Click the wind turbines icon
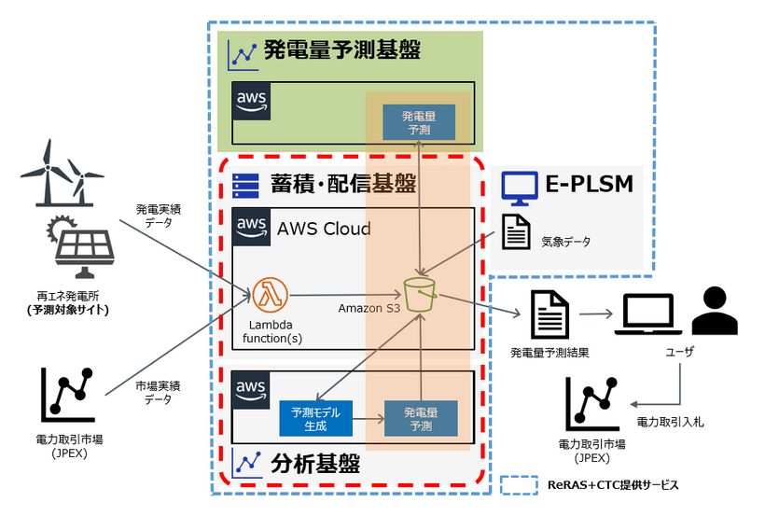pos(63,174)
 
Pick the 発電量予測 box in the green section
pos(419,121)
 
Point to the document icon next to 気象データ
pos(516,231)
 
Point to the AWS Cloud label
pos(324,229)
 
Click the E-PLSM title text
pos(590,185)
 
